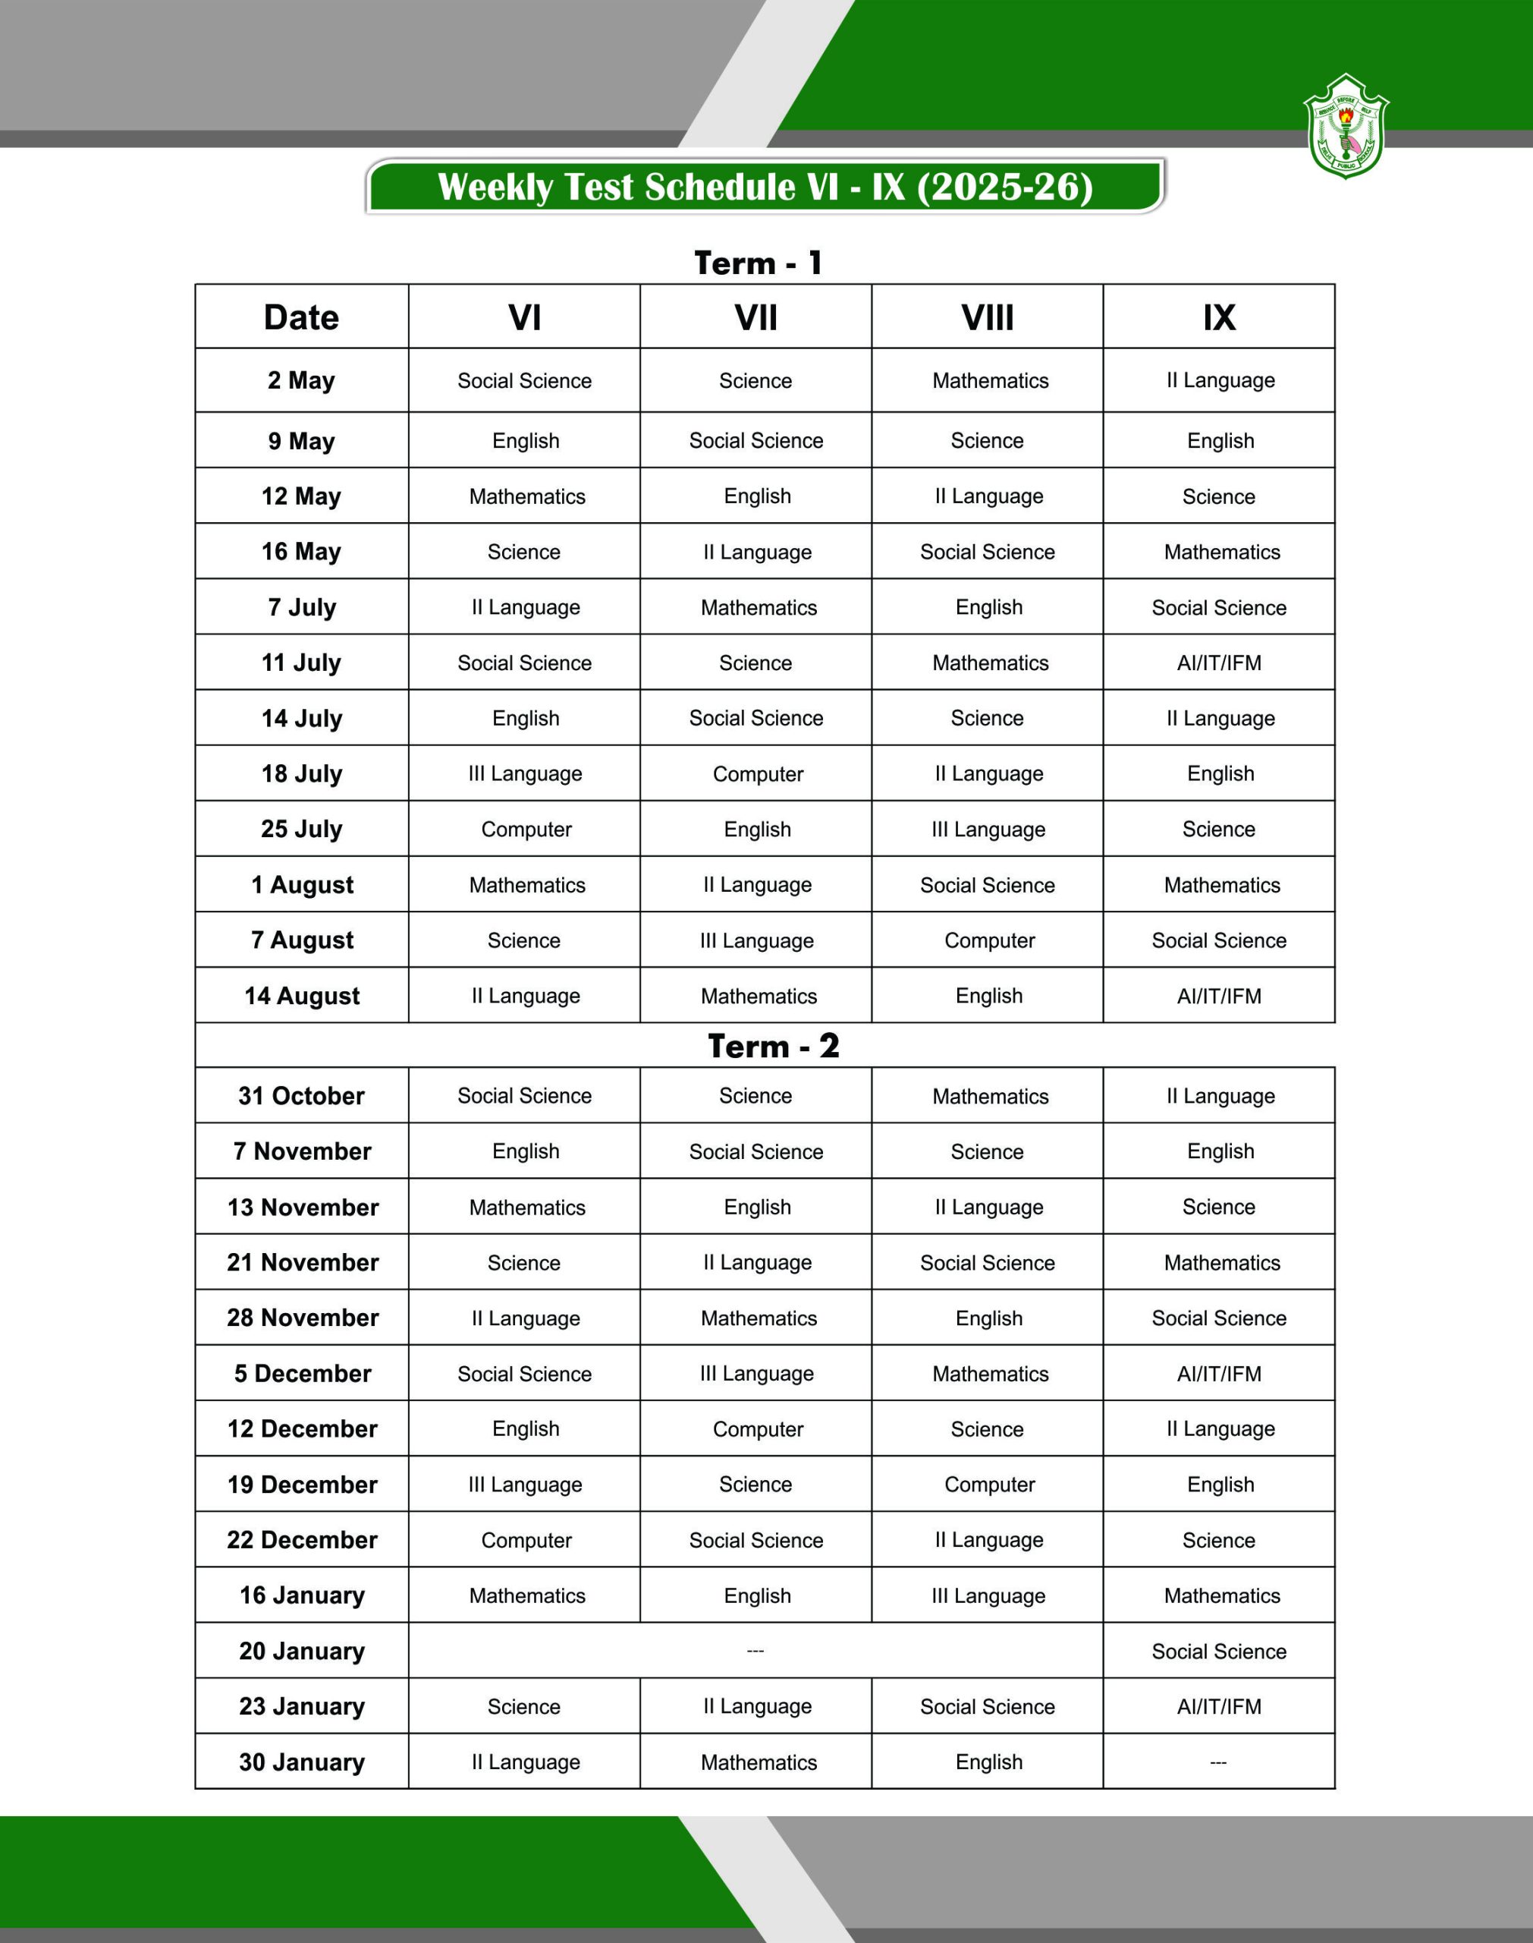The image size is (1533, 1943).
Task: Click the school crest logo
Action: [1346, 127]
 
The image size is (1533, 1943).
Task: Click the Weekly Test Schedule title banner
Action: [765, 187]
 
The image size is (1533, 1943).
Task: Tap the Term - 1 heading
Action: [759, 263]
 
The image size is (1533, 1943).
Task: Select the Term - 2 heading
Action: [773, 1046]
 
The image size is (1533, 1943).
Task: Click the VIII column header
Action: [988, 317]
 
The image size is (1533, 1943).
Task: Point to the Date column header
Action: [302, 317]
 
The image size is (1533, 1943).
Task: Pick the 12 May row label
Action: [302, 496]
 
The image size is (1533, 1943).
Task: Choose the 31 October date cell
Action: [302, 1095]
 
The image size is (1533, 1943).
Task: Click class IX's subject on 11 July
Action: [1219, 663]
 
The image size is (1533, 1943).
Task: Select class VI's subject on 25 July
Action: [526, 830]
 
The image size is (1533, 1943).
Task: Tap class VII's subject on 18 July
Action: [758, 774]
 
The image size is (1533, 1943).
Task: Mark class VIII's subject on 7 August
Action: [989, 941]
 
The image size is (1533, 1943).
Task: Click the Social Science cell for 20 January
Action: [1219, 1652]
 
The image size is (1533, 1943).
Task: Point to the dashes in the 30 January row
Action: [1218, 1762]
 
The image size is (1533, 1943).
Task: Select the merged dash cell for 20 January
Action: [756, 1652]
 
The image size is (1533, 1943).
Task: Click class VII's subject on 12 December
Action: [758, 1429]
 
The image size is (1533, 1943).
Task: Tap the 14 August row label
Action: [302, 996]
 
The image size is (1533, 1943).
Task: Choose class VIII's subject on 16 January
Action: [988, 1595]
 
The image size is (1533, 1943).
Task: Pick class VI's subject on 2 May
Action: [524, 381]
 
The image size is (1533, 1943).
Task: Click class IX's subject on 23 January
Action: [1219, 1707]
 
